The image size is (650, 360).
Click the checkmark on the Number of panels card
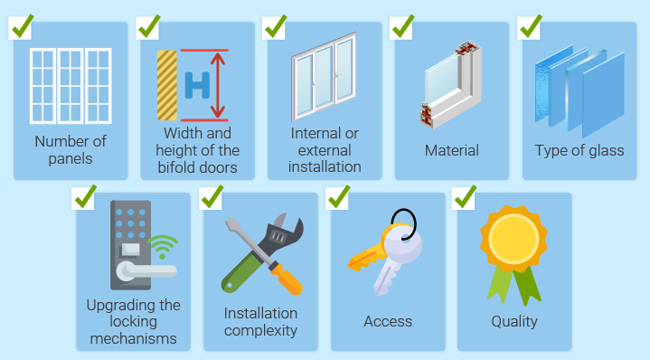22,25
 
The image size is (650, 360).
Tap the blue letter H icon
196,85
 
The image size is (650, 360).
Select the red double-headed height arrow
217,85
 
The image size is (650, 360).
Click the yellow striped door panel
166,85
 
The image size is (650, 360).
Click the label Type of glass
579,150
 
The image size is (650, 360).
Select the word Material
452,150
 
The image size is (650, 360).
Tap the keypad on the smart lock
127,220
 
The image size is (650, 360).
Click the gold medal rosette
513,240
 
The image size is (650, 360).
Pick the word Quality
514,321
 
